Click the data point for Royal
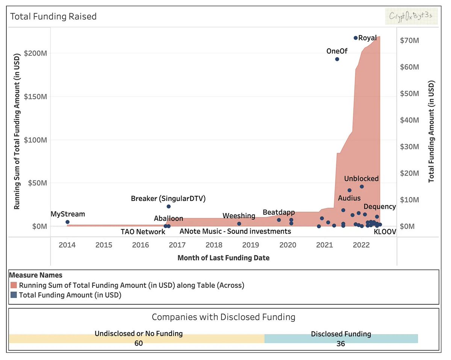pyautogui.click(x=356, y=38)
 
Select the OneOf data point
pyautogui.click(x=337, y=59)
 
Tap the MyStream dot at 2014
pyautogui.click(x=67, y=222)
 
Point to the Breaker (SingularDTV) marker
pyautogui.click(x=169, y=207)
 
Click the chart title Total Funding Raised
pyautogui.click(x=53, y=17)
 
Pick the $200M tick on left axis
pyautogui.click(x=35, y=53)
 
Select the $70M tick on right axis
pyautogui.click(x=410, y=40)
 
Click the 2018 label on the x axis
pyautogui.click(x=214, y=245)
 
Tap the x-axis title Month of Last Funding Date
pyautogui.click(x=223, y=258)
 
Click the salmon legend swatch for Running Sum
pyautogui.click(x=14, y=285)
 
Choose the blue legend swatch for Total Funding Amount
pyautogui.click(x=14, y=295)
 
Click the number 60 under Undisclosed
pyautogui.click(x=138, y=343)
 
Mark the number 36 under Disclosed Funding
pyautogui.click(x=341, y=343)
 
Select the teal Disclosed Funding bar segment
pyautogui.click(x=341, y=338)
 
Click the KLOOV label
pyautogui.click(x=385, y=232)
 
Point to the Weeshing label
pyautogui.click(x=239, y=216)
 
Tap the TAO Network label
pyautogui.click(x=143, y=232)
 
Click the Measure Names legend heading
pyautogui.click(x=36, y=275)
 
